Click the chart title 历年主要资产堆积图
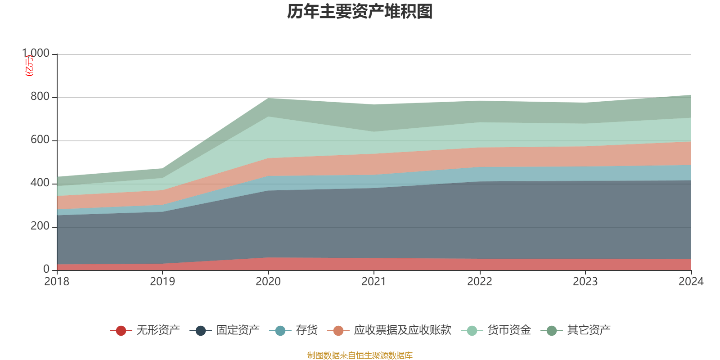pos(360,12)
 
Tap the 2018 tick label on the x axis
pos(57,281)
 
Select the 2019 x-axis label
pos(162,281)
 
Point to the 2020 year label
pos(268,281)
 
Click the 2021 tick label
pos(374,281)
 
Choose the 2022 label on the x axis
pos(480,281)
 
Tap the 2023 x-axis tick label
pos(585,281)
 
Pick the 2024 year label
pos(691,281)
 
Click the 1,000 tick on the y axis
pos(36,54)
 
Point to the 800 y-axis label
pos(40,97)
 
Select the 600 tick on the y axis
pos(40,140)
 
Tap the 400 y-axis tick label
pos(40,183)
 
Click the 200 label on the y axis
pos(40,226)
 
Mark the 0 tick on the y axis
pos(46,269)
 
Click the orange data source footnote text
pos(360,355)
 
